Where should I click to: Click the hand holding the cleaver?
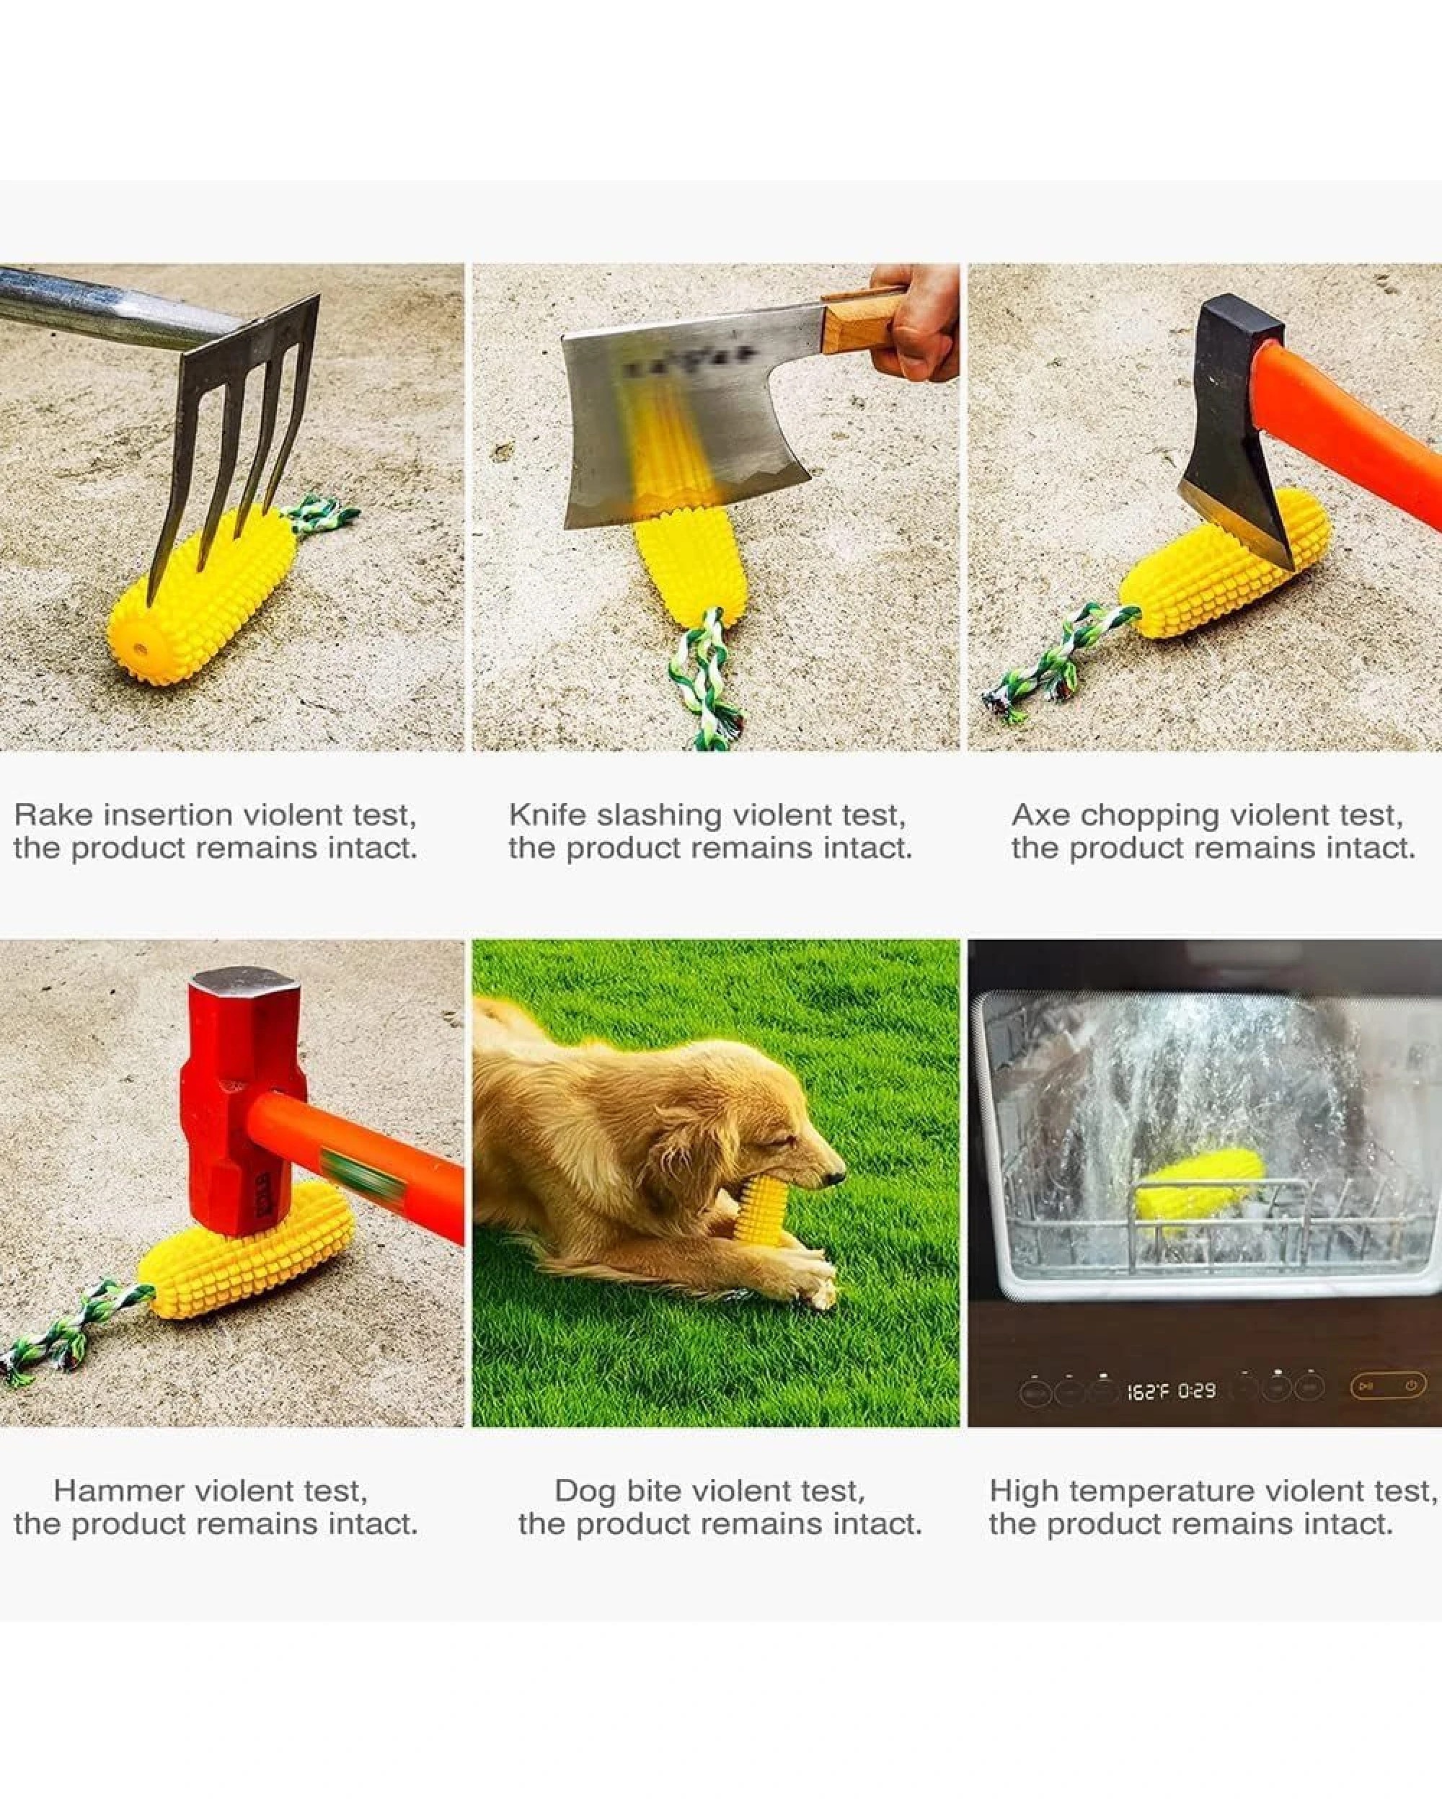click(919, 326)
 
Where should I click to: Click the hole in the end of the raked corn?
click(137, 649)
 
